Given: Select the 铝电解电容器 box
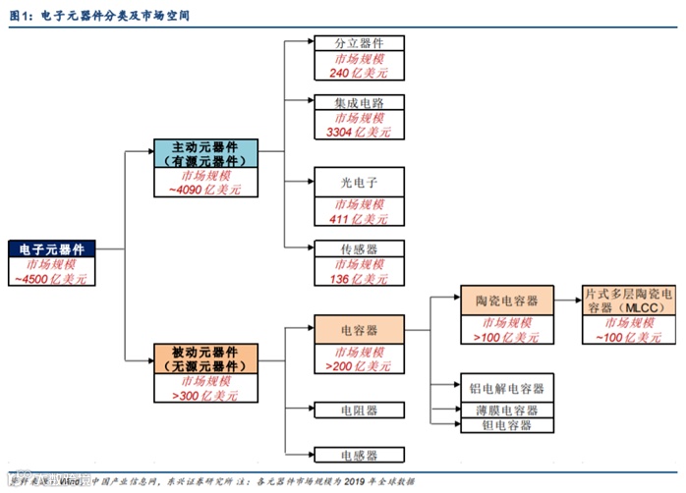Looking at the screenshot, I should coord(506,388).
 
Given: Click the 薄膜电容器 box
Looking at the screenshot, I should coord(506,410).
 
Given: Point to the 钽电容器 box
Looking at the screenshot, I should coord(506,425).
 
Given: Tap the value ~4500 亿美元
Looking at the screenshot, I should coord(51,280).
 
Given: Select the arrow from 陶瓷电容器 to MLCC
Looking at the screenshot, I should coord(564,301).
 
